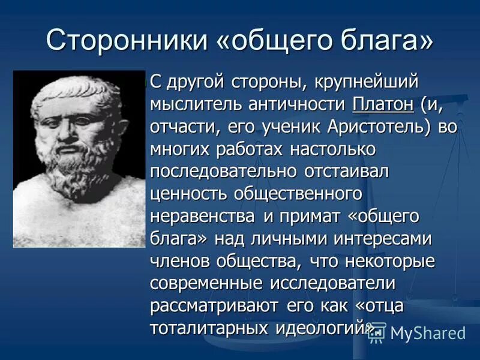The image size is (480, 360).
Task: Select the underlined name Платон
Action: point(383,104)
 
